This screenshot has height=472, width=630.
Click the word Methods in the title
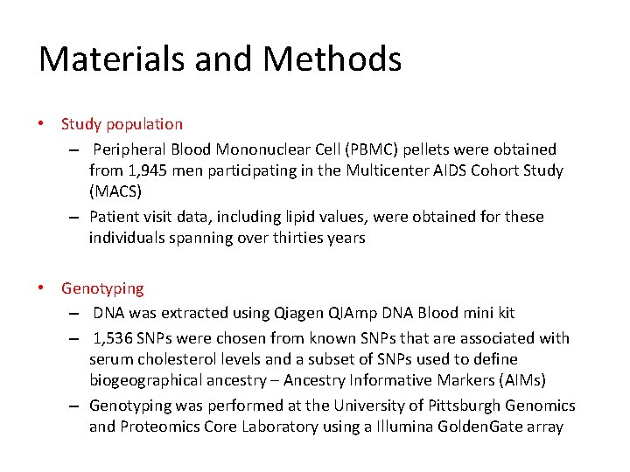point(332,59)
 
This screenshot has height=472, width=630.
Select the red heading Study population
point(122,124)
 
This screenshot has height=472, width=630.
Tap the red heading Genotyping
point(102,288)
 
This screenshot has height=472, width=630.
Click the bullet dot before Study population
point(42,124)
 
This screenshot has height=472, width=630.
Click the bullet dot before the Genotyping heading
point(42,288)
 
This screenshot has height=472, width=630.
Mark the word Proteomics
point(157,427)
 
